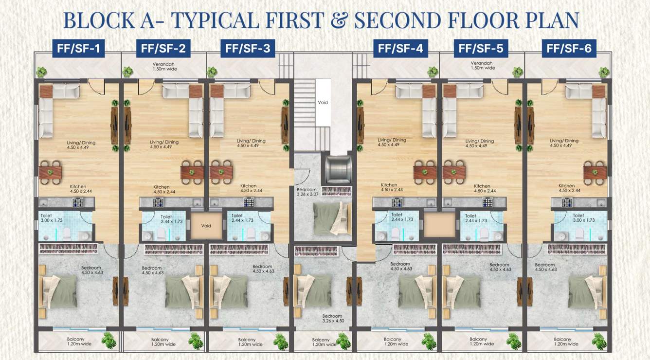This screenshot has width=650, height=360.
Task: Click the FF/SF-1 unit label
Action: pos(79,48)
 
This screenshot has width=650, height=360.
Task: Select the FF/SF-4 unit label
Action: pos(400,48)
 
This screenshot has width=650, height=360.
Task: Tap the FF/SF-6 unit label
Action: pos(569,48)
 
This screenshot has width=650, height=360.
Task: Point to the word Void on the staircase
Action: pos(323,103)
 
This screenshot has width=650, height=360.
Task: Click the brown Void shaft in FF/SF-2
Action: pos(206,226)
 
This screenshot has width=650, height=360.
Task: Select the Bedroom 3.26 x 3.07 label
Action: pos(307,192)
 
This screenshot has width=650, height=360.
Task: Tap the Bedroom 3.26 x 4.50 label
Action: pos(333,318)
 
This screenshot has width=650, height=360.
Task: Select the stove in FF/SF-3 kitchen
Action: pos(248,202)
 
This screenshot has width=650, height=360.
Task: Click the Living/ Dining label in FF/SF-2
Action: pos(164,144)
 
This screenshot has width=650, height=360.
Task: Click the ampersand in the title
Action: pos(341,20)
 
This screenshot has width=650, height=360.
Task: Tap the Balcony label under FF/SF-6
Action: pos(563,342)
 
